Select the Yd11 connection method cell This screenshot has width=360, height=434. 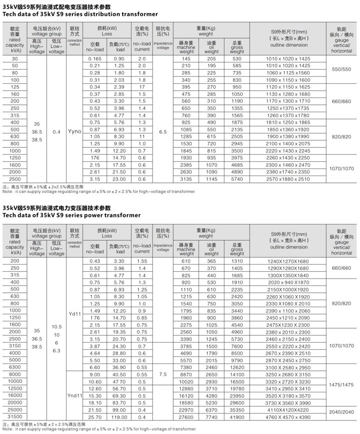coord(74,314)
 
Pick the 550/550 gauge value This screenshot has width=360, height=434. coord(340,69)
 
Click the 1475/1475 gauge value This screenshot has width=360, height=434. coord(340,384)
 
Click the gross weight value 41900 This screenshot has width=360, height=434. coord(237,417)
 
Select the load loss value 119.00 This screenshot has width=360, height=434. coord(119,417)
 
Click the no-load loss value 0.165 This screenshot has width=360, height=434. coord(95,59)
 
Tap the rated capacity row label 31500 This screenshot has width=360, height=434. coord(15,417)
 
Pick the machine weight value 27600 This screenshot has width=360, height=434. coord(186,417)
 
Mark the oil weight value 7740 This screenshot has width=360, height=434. coord(211,417)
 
